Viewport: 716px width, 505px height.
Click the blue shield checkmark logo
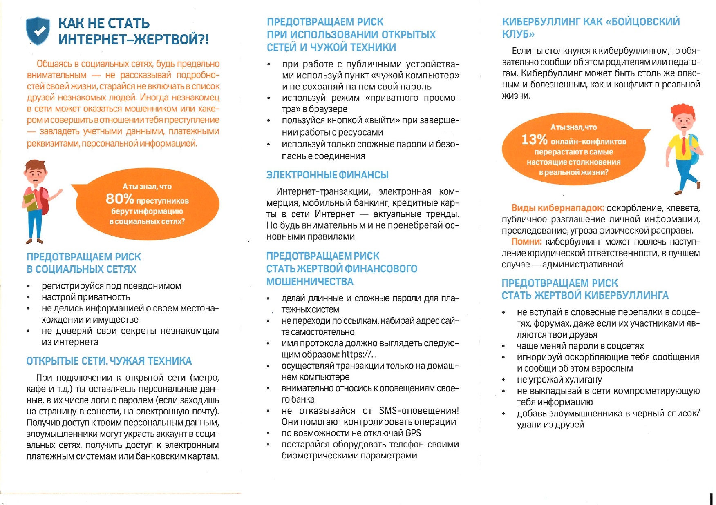pyautogui.click(x=38, y=31)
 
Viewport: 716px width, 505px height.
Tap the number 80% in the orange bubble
pyautogui.click(x=120, y=199)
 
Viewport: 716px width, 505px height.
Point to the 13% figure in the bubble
pyautogui.click(x=534, y=140)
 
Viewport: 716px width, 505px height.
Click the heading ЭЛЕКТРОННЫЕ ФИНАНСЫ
pyautogui.click(x=327, y=175)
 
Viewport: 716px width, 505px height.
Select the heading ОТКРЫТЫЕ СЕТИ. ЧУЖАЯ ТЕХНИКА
pyautogui.click(x=109, y=361)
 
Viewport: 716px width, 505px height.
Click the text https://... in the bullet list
pyautogui.click(x=359, y=354)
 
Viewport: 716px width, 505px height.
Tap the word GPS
pyautogui.click(x=413, y=433)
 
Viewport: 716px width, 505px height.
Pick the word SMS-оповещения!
pyautogui.click(x=419, y=411)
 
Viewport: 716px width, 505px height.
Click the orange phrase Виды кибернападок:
pyautogui.click(x=558, y=208)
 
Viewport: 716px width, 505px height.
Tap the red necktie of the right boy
pyautogui.click(x=683, y=146)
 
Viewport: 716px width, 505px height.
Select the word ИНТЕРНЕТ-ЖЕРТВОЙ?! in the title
pyautogui.click(x=133, y=40)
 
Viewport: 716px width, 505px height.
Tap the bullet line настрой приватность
pyautogui.click(x=86, y=297)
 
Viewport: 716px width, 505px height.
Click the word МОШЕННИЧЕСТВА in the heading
pyautogui.click(x=310, y=282)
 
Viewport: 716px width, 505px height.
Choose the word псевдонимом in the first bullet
pyautogui.click(x=156, y=286)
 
